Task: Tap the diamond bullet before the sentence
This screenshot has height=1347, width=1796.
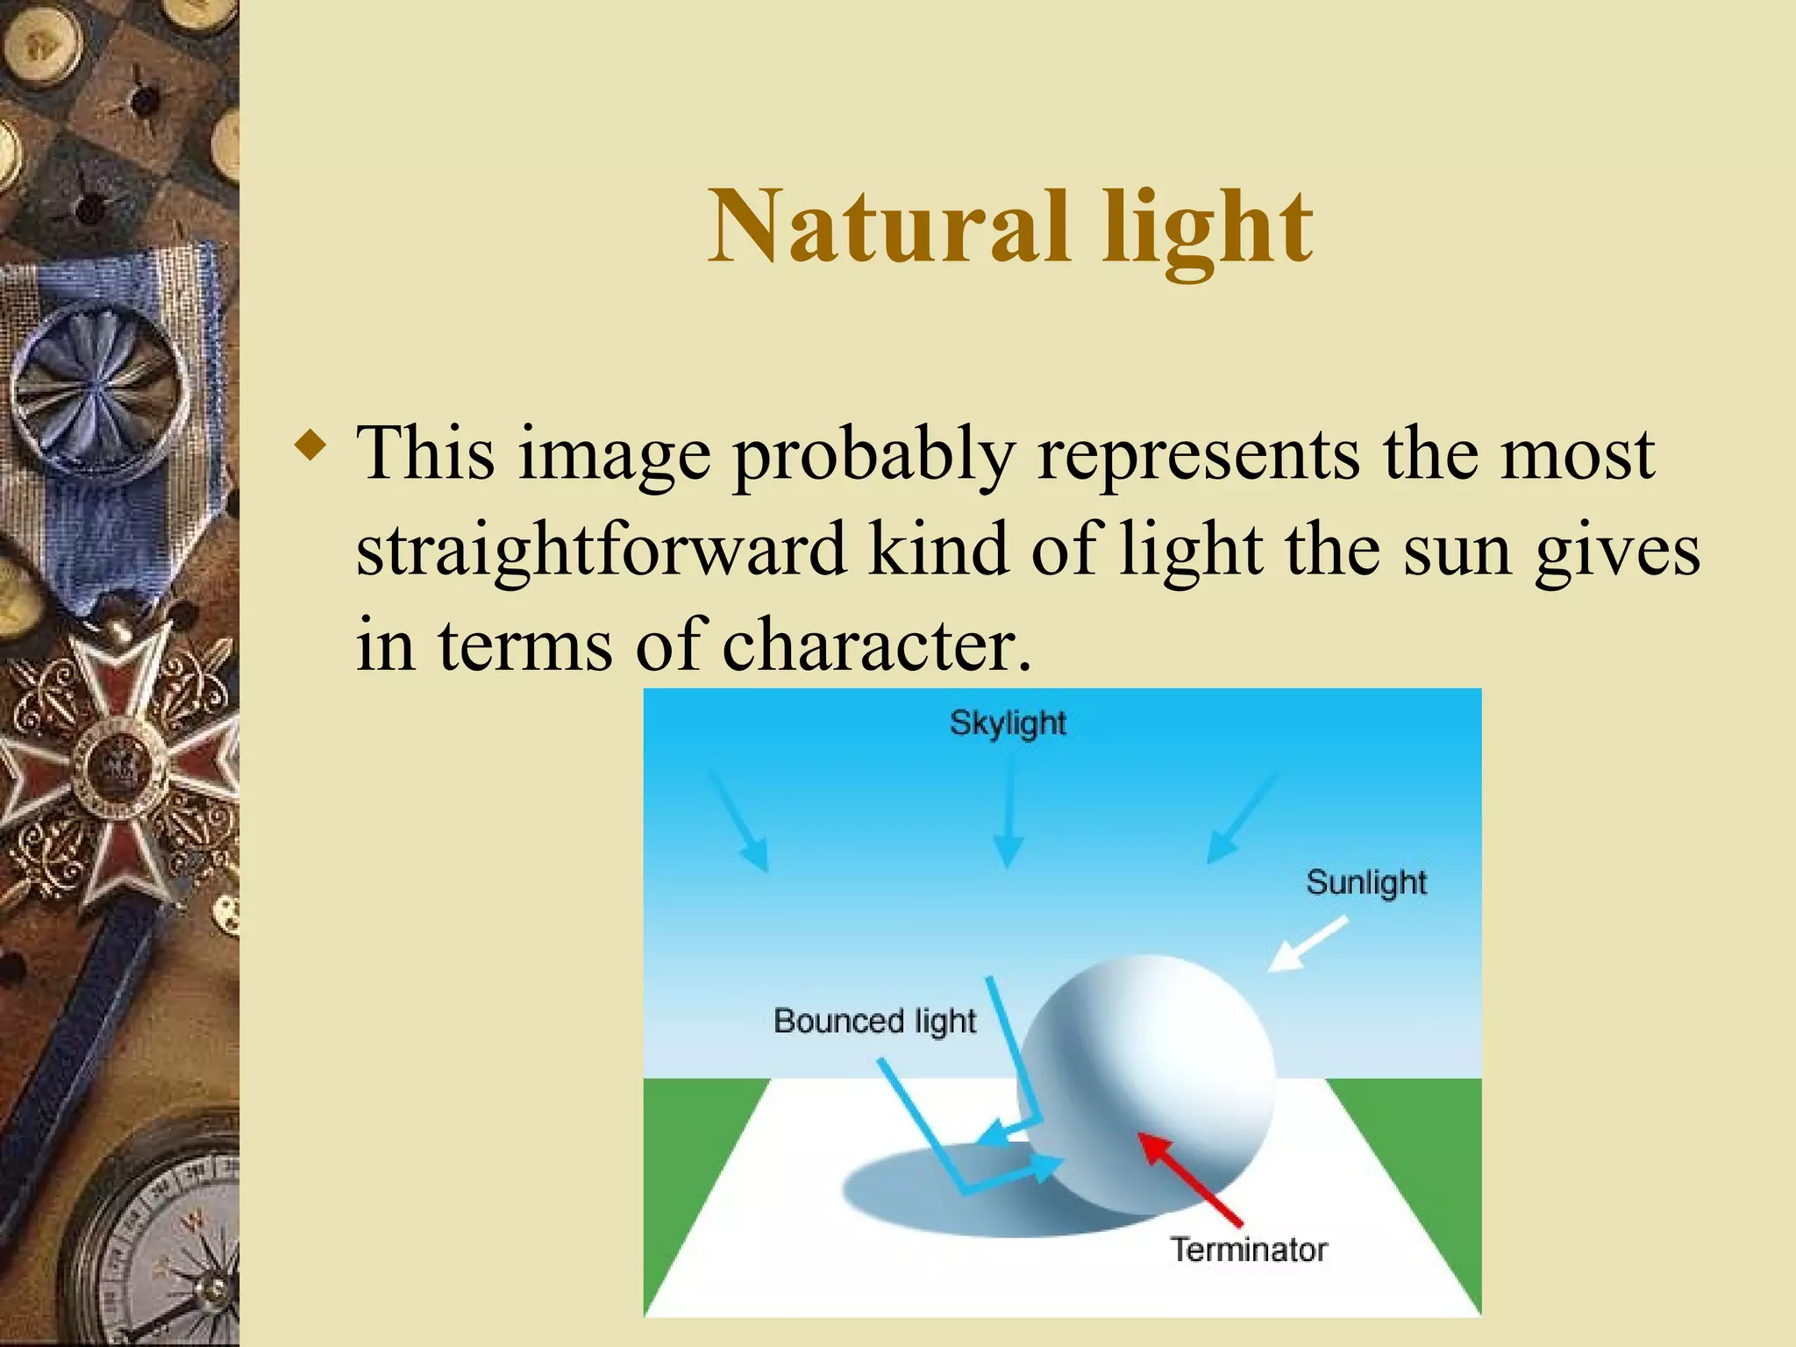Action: [x=311, y=445]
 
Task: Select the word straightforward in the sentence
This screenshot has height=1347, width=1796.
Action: [x=601, y=550]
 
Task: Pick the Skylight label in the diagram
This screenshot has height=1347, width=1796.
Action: [x=1008, y=723]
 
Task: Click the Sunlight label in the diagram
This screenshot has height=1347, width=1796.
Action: [x=1366, y=882]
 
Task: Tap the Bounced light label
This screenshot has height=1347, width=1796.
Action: [x=874, y=1021]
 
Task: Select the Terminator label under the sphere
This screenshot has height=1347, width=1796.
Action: [x=1249, y=1249]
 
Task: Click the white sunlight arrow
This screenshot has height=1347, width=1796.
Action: [x=1307, y=944]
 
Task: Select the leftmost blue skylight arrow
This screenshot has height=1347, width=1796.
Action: [x=739, y=823]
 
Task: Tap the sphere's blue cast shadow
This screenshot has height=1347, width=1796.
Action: [x=930, y=1193]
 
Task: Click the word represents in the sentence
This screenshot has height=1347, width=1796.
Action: [x=1198, y=454]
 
